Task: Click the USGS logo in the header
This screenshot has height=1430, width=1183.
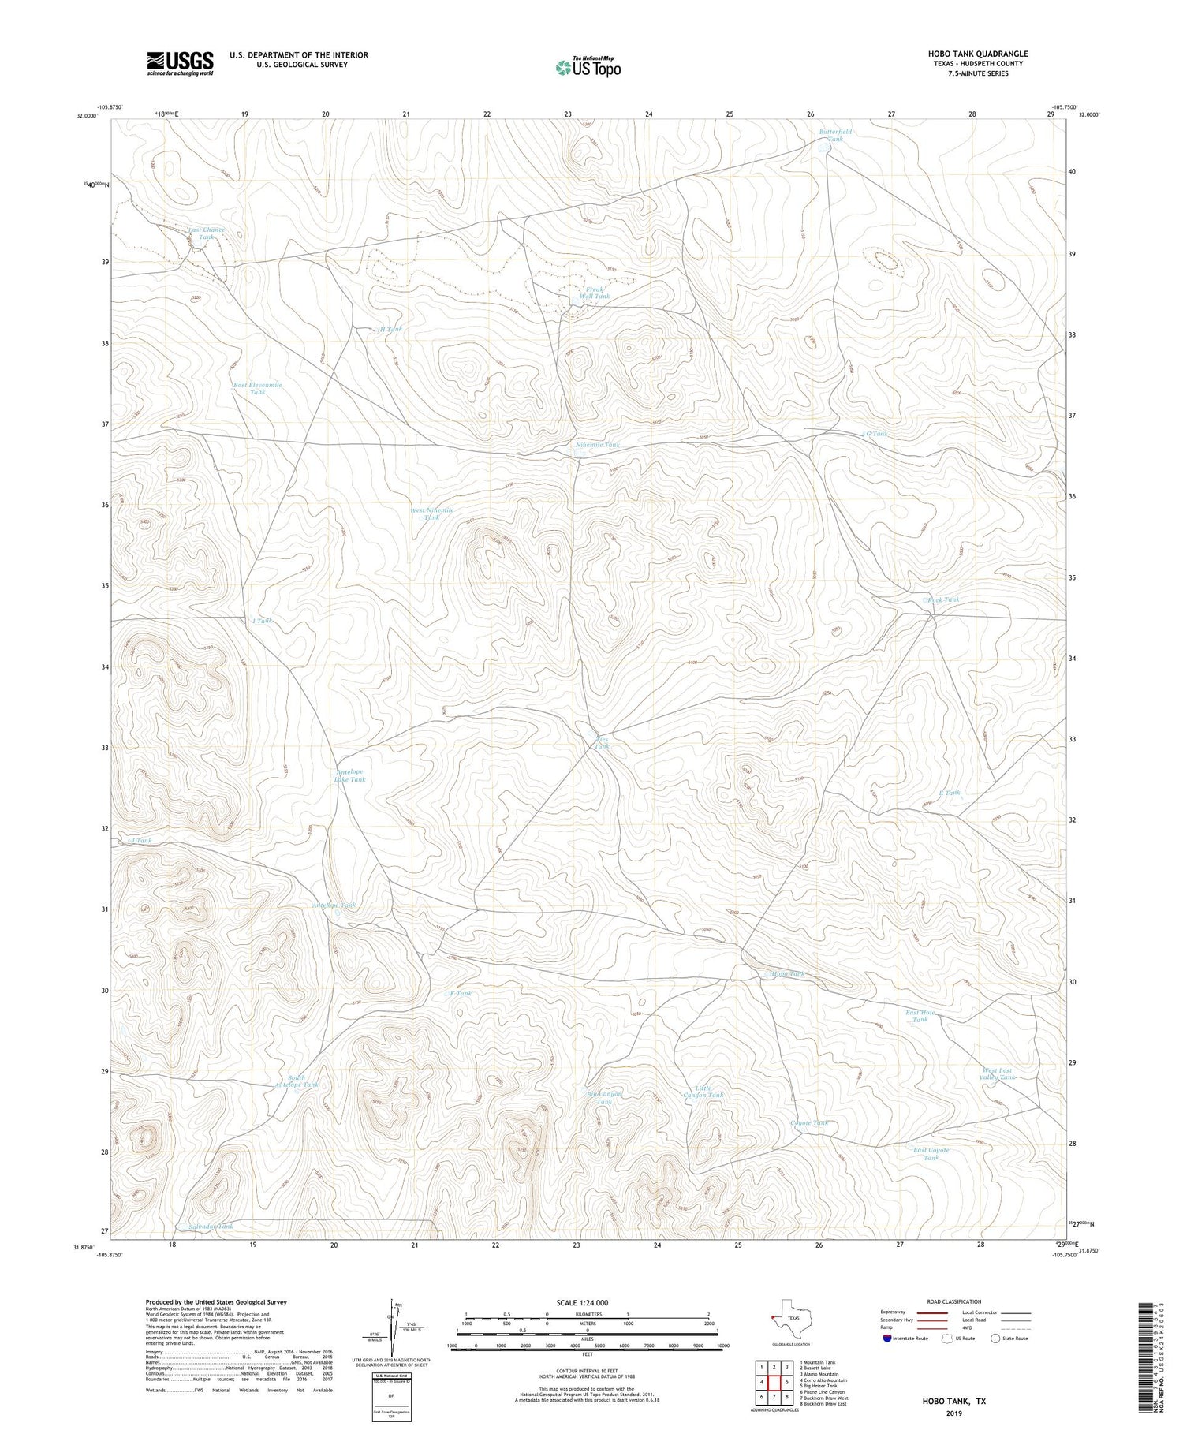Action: (x=180, y=63)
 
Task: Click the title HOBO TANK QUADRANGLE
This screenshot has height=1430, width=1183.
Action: (x=978, y=54)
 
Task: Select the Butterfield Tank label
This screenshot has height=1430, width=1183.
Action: (x=834, y=135)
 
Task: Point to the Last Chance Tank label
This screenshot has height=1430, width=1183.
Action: (x=206, y=233)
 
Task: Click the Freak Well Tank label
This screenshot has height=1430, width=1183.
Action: (x=596, y=293)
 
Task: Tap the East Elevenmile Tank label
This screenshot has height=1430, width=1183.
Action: (x=257, y=388)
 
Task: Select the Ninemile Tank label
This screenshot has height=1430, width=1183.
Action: (x=597, y=445)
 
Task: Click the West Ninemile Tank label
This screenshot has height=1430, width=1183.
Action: (x=431, y=513)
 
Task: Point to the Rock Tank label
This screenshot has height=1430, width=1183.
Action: (x=943, y=599)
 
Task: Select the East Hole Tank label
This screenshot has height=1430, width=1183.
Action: (x=920, y=1016)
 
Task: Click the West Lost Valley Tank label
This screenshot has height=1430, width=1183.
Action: (x=997, y=1073)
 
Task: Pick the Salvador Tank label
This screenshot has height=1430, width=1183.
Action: (x=211, y=1227)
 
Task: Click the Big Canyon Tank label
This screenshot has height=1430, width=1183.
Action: (x=604, y=1097)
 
